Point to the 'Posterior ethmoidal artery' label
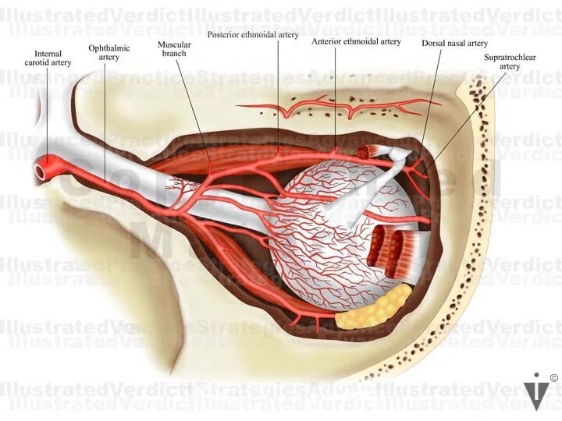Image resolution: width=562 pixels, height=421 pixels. [253, 35]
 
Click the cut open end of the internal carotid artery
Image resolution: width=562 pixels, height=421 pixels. [40, 169]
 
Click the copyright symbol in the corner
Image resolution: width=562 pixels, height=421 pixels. [553, 379]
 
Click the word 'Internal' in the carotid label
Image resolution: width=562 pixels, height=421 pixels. [48, 54]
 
